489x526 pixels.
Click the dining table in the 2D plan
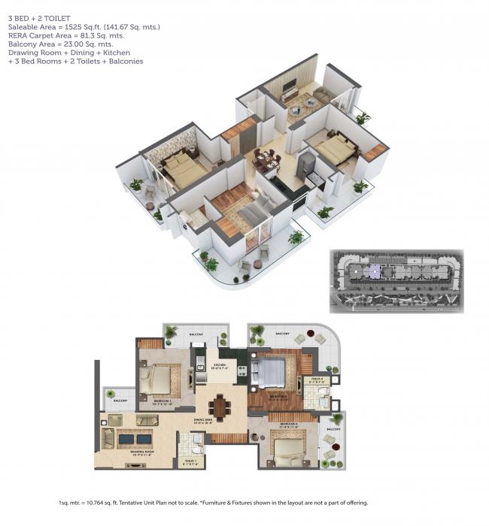[220, 406]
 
